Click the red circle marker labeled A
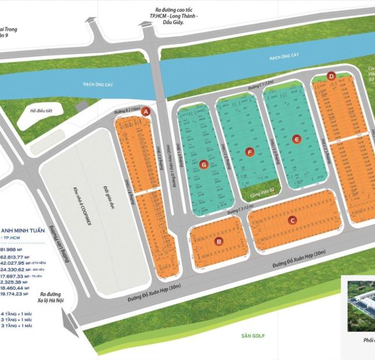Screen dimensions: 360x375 pos(147,111)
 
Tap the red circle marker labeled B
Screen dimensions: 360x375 pos(219,242)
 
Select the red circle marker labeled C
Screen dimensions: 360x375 pos(292,220)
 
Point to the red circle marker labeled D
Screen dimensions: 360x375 pos(331,75)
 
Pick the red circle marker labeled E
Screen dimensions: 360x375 pos(297,139)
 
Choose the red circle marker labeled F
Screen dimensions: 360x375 pos(250,152)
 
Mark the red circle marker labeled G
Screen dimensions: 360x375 pos(203,165)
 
